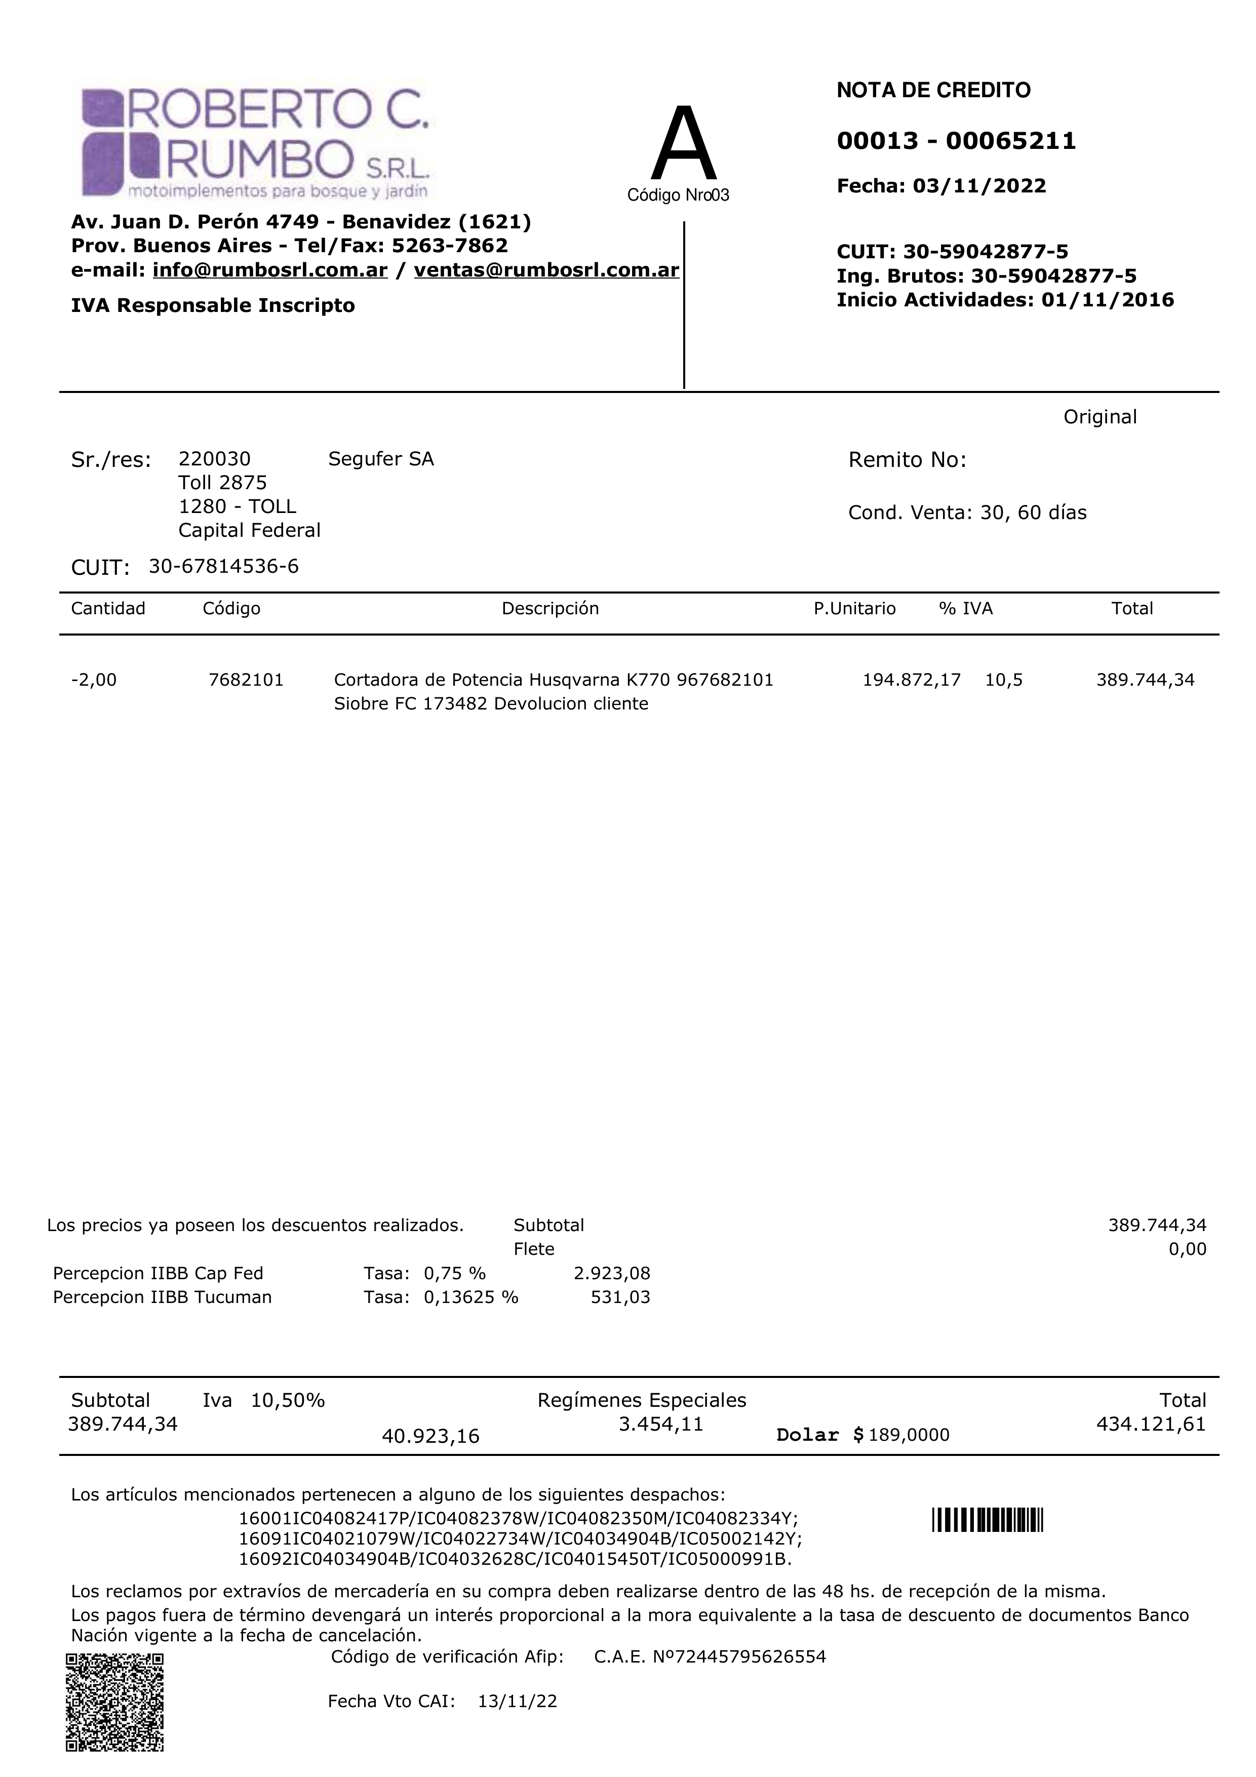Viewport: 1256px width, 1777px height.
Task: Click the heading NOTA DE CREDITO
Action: [933, 91]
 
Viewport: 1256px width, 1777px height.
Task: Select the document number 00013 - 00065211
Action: [957, 141]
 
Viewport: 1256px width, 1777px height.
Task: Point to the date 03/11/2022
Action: [979, 186]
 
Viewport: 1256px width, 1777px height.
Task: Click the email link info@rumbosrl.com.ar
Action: [269, 270]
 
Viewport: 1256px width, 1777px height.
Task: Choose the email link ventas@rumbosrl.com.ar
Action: [546, 270]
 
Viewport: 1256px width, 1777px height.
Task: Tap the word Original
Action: [1100, 417]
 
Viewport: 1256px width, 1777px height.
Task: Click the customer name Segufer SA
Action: [381, 459]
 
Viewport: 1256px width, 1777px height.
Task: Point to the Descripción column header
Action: [550, 608]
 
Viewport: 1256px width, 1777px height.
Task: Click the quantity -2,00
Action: [94, 680]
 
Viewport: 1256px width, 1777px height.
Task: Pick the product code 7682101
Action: [246, 680]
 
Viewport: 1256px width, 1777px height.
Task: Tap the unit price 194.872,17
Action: [912, 680]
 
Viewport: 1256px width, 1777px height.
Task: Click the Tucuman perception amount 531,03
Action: [620, 1297]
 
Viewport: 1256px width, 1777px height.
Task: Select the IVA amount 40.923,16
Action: [430, 1437]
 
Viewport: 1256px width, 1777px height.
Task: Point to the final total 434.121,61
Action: [1151, 1424]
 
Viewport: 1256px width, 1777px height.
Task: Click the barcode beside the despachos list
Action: [988, 1520]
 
